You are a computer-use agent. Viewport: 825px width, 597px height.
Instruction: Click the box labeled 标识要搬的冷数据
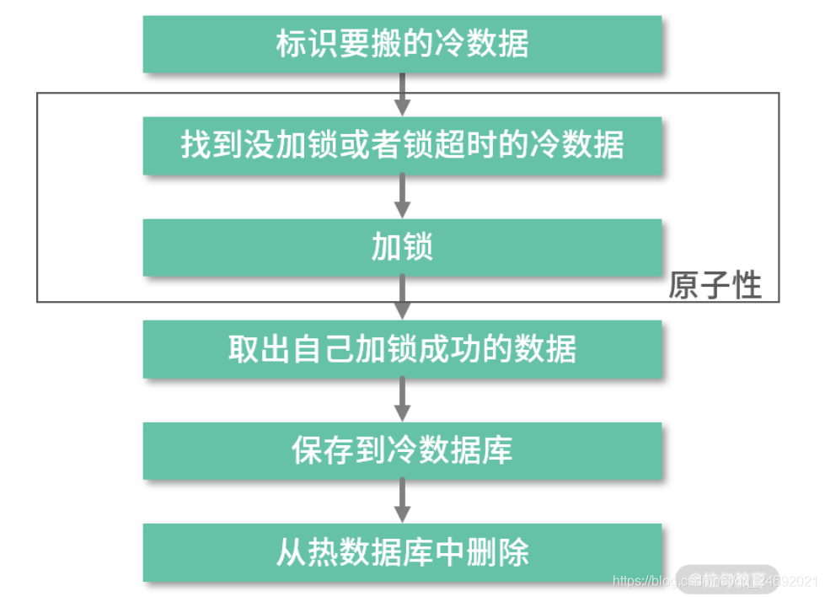tap(402, 44)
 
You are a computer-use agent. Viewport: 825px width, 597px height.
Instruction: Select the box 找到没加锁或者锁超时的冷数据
tap(402, 146)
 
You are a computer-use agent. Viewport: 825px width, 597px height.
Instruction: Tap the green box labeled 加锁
tap(402, 248)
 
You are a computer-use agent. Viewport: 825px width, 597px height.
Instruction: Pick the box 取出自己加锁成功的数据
tap(402, 349)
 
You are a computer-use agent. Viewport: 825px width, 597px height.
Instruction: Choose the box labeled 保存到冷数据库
tap(402, 451)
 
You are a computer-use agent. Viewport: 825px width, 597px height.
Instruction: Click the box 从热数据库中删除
tap(402, 553)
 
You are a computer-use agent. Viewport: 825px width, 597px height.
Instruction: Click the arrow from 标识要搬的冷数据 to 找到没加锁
tap(403, 94)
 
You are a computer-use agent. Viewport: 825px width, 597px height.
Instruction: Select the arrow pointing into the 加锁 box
tap(403, 196)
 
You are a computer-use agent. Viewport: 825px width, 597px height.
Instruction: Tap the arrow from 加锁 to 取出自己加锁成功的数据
tap(403, 298)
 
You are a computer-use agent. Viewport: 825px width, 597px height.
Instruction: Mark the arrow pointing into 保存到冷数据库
tap(403, 400)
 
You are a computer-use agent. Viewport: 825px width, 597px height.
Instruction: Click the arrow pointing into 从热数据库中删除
tap(403, 502)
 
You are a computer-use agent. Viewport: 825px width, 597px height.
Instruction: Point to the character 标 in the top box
tap(289, 44)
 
